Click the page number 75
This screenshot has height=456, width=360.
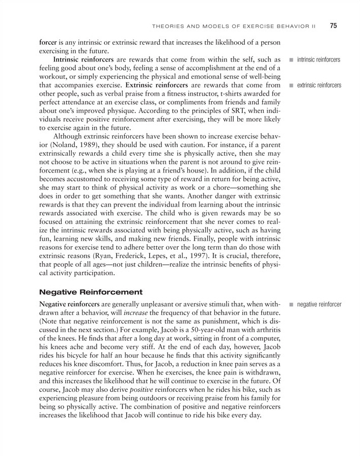pos(334,25)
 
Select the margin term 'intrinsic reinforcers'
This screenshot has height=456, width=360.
pos(319,61)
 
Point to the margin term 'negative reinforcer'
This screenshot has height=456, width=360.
pos(319,304)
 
